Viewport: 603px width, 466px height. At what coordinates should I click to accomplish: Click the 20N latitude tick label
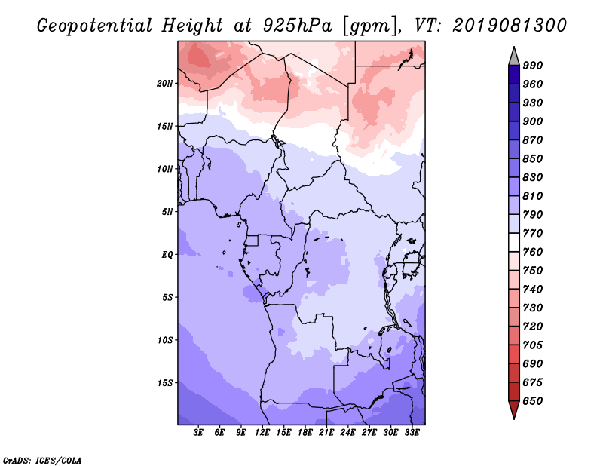tap(164, 84)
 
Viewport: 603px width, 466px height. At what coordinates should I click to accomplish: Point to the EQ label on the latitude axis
tap(167, 255)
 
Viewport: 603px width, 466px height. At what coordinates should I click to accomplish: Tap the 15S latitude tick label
tap(165, 383)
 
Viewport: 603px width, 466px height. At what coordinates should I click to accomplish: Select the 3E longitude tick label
tap(198, 433)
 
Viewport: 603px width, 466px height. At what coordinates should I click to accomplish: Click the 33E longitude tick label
tap(412, 433)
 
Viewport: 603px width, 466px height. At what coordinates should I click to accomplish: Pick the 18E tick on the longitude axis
tap(305, 433)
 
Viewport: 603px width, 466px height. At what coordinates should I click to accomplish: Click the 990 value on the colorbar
tap(533, 66)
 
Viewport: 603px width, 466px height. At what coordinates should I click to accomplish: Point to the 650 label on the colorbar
tap(533, 401)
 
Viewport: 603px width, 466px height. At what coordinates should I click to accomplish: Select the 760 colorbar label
tap(533, 252)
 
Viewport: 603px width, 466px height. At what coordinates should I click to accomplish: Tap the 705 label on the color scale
tap(533, 345)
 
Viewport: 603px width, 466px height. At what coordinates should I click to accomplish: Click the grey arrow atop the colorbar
tap(514, 57)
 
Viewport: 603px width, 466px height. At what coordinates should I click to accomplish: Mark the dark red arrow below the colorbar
tap(514, 409)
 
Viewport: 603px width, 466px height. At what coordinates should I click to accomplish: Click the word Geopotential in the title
tap(94, 26)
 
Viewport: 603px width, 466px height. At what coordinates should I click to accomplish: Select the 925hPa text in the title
tap(297, 26)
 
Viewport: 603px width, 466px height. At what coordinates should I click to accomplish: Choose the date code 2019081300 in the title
tap(510, 25)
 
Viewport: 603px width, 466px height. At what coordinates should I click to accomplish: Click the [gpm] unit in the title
tap(369, 26)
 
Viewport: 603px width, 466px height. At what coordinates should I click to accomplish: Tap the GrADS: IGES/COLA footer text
tap(42, 460)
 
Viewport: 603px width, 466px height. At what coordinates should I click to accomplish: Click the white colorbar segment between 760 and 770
tap(514, 243)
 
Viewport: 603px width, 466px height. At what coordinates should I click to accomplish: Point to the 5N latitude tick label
tap(167, 212)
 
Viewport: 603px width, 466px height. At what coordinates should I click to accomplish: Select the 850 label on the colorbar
tap(533, 158)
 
